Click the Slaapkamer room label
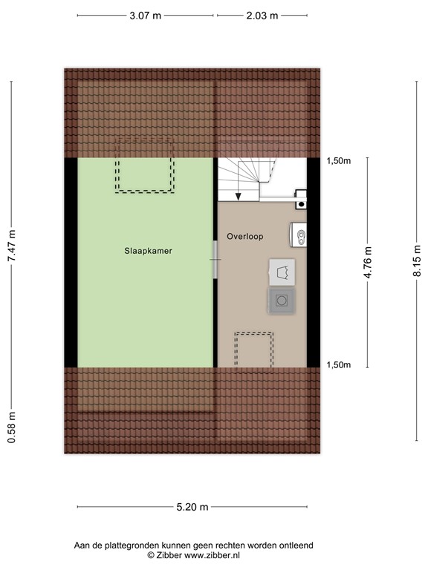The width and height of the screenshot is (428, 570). click(149, 251)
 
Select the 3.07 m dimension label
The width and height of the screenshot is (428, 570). click(145, 15)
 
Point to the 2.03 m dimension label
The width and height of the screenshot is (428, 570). click(262, 15)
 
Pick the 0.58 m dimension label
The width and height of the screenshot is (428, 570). click(11, 428)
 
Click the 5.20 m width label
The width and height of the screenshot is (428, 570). click(192, 507)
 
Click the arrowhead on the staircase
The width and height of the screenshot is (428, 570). click(239, 197)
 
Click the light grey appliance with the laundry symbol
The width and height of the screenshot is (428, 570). click(282, 272)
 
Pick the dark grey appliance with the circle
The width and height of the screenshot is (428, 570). click(282, 301)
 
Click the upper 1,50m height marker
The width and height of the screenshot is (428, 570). click(340, 160)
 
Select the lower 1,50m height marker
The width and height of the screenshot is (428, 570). click(340, 364)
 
